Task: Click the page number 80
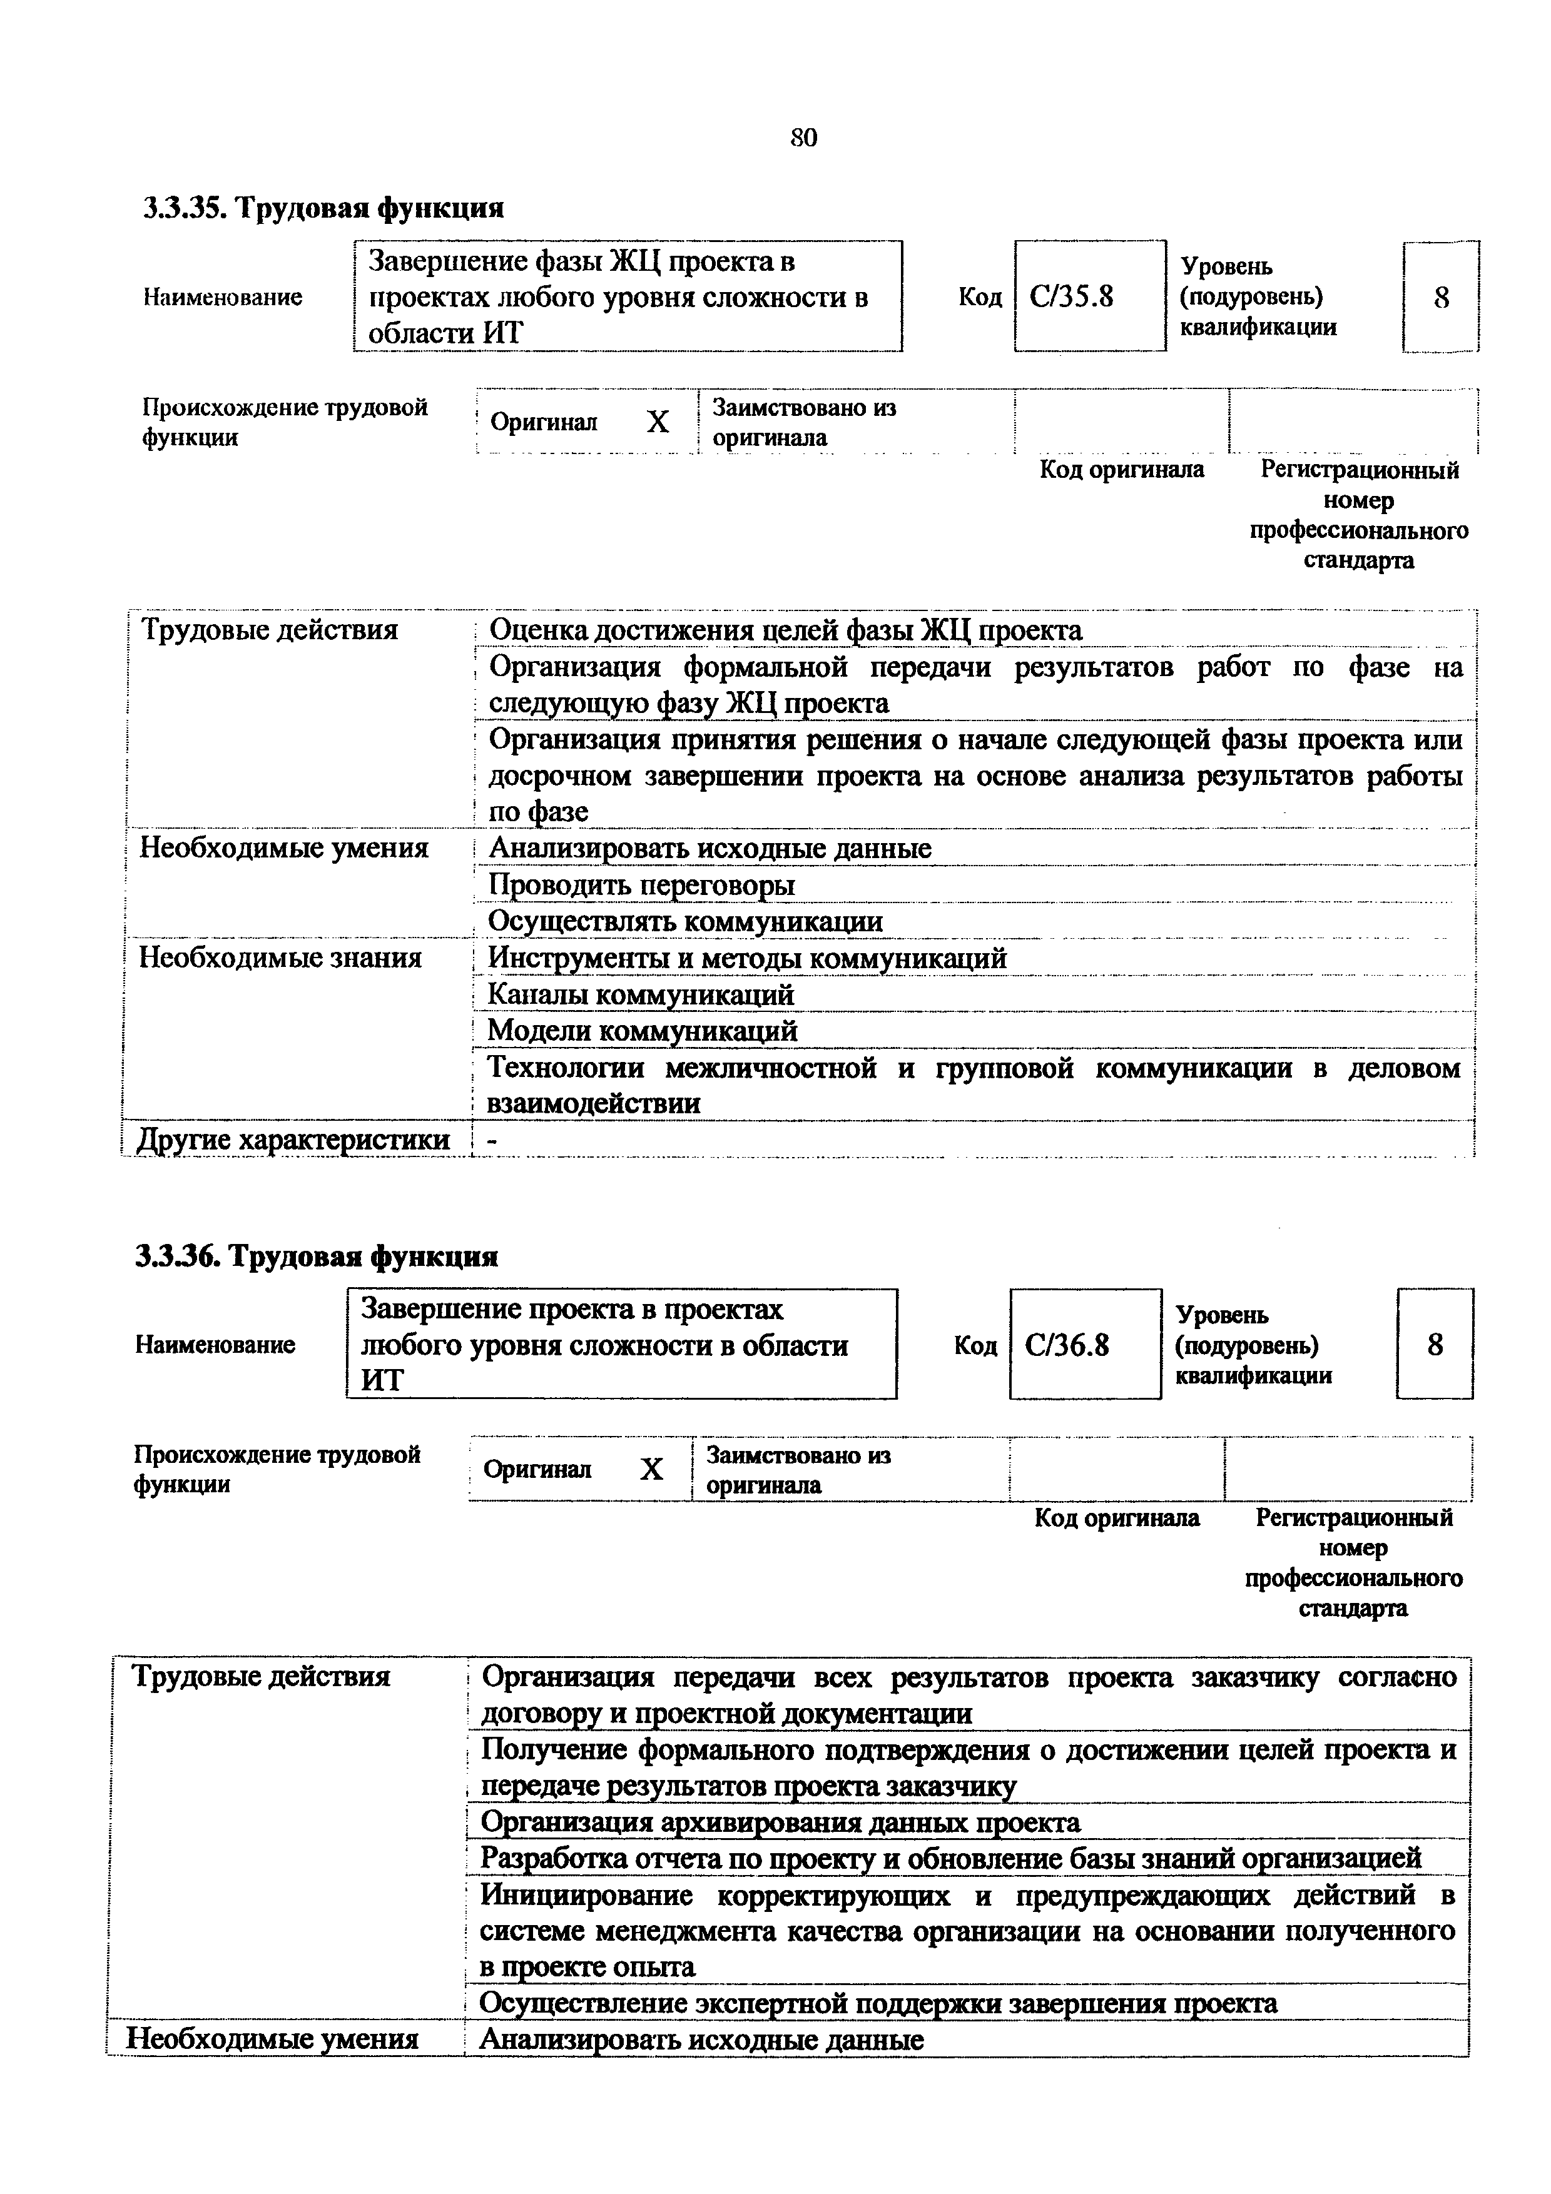click(804, 139)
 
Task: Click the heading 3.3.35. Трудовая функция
click(323, 208)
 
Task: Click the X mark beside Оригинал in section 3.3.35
click(658, 422)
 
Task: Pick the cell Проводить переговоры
click(641, 886)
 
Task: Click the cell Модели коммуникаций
click(642, 1031)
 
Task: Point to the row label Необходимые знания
click(281, 958)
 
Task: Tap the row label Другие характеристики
click(294, 1140)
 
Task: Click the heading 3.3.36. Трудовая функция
click(317, 1256)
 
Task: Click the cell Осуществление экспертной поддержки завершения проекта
click(877, 2004)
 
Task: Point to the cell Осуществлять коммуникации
click(685, 922)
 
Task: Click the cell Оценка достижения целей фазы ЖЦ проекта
click(786, 630)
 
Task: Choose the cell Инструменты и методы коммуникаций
click(747, 958)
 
